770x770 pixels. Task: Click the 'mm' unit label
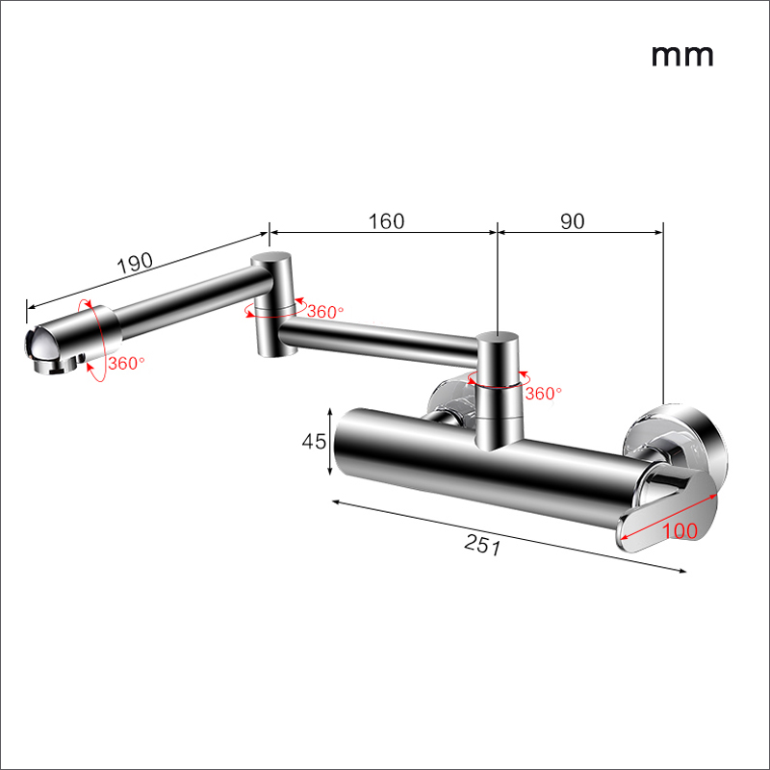click(682, 56)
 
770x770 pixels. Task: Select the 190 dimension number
click(135, 263)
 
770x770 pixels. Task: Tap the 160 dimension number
click(387, 221)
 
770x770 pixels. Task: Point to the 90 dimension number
click(573, 221)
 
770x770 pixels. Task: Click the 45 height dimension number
click(314, 442)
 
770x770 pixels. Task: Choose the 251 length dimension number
click(483, 545)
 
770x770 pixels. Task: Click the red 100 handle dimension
click(680, 531)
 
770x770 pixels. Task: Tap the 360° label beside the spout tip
click(127, 364)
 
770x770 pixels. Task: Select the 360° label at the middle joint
click(325, 311)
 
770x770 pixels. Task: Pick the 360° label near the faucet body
click(543, 393)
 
